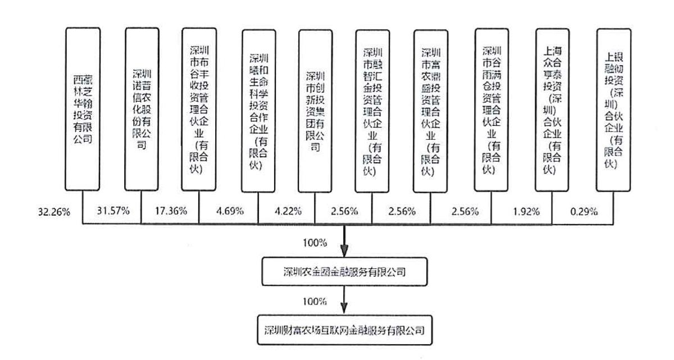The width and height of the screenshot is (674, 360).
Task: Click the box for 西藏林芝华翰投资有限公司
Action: pyautogui.click(x=83, y=108)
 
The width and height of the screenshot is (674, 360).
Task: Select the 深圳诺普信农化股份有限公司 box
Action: pyautogui.click(x=142, y=108)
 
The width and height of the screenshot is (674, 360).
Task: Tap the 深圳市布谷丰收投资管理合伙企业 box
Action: pyautogui.click(x=199, y=108)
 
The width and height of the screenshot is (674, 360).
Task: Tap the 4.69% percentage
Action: pyautogui.click(x=230, y=212)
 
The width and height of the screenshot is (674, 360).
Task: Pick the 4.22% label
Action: pyautogui.click(x=287, y=212)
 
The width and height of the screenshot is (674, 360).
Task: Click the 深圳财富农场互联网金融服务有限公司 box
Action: pyautogui.click(x=344, y=329)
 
